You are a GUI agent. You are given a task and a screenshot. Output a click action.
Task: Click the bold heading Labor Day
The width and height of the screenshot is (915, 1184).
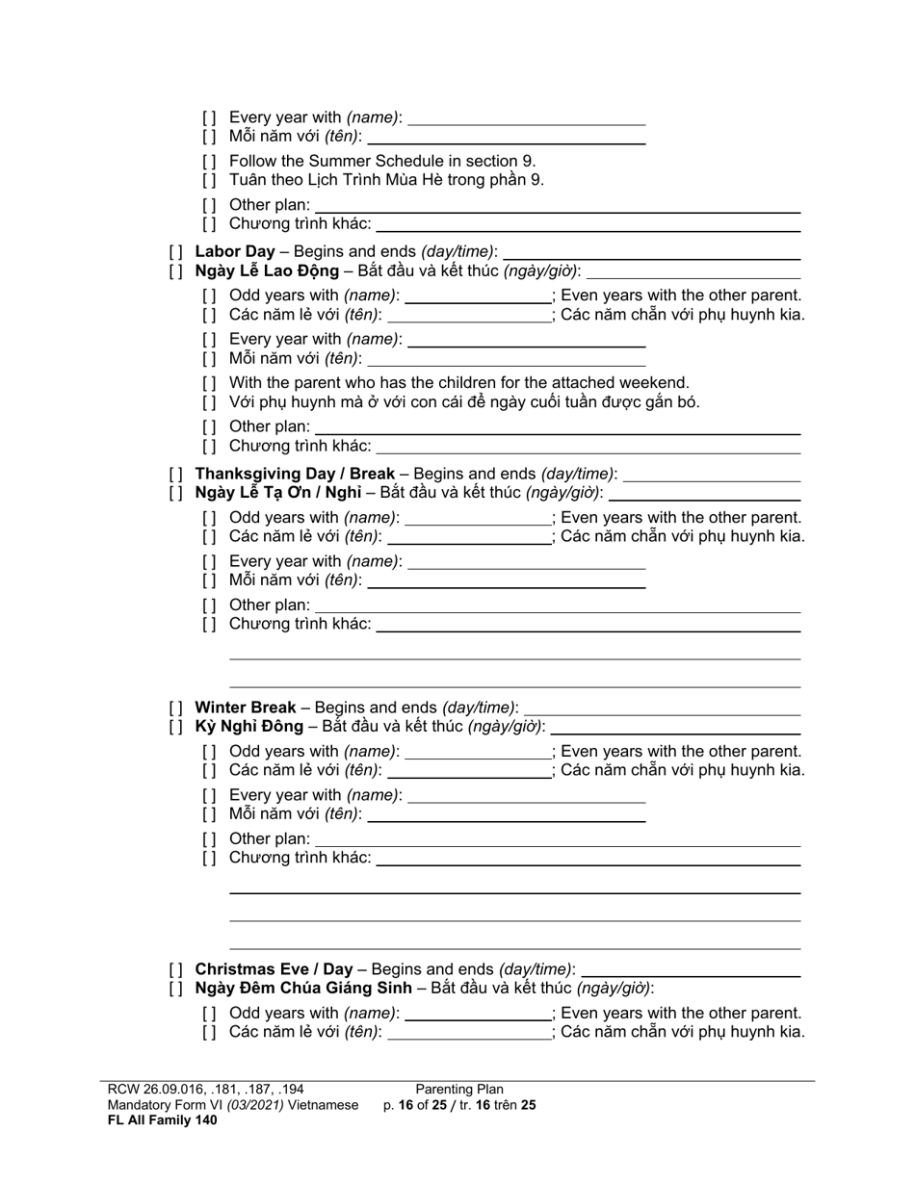(x=234, y=251)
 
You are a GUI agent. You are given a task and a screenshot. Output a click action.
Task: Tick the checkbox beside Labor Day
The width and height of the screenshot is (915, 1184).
(x=175, y=252)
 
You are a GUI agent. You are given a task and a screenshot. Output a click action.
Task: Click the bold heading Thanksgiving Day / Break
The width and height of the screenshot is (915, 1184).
(x=295, y=474)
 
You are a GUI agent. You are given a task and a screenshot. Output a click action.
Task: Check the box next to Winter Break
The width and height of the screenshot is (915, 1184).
(x=175, y=708)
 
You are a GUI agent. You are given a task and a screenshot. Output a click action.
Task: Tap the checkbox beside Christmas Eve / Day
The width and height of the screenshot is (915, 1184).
(x=175, y=969)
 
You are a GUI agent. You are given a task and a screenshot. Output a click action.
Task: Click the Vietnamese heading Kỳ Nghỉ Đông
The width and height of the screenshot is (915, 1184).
(x=248, y=726)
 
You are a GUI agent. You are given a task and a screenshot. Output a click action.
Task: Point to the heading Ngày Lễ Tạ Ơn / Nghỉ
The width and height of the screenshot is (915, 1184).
(x=278, y=493)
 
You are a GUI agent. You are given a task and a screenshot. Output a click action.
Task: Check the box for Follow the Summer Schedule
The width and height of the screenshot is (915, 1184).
(x=210, y=162)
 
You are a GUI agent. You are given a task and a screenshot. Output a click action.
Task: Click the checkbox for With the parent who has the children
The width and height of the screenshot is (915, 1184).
(x=210, y=383)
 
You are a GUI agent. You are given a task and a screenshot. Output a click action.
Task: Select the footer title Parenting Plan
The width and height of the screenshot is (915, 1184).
(x=459, y=1090)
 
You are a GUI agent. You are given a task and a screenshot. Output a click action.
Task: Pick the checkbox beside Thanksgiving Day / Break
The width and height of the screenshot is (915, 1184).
(x=175, y=475)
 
